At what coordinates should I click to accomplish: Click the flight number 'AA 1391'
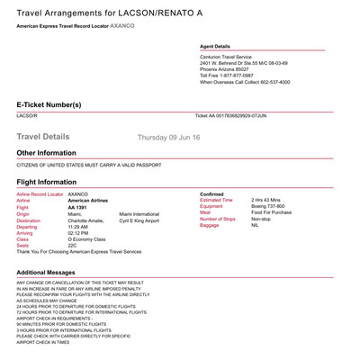pyautogui.click(x=78, y=206)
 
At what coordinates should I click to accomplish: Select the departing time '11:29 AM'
pyautogui.click(x=78, y=226)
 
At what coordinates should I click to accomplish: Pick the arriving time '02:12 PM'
pyautogui.click(x=78, y=232)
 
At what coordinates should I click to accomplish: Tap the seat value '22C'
pyautogui.click(x=73, y=246)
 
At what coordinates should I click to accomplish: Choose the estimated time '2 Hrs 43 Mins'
pyautogui.click(x=265, y=200)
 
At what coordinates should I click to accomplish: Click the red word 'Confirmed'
pyautogui.click(x=212, y=193)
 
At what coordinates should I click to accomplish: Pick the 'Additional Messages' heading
pyautogui.click(x=49, y=272)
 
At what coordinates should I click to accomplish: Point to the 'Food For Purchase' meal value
pyautogui.click(x=267, y=212)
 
